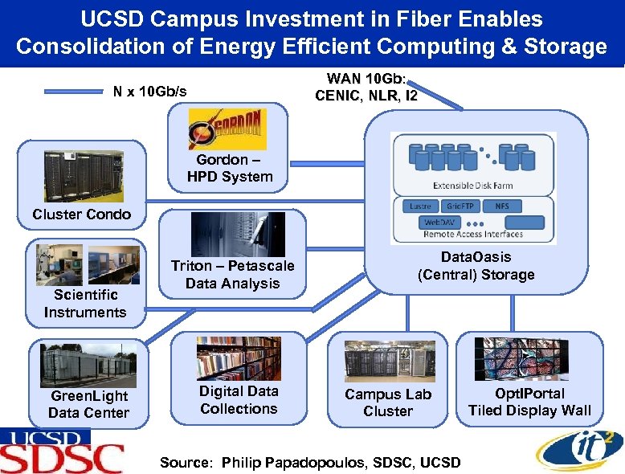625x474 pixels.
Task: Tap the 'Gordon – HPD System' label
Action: coord(230,168)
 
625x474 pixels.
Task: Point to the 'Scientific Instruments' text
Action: coord(85,304)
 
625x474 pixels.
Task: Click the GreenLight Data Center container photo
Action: coord(88,366)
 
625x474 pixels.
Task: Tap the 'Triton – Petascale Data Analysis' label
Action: coord(232,274)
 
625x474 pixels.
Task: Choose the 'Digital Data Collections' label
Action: coord(239,400)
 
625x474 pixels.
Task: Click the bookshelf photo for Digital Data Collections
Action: coord(239,358)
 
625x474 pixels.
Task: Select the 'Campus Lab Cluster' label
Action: coord(388,402)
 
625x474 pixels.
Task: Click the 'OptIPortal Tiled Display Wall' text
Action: coord(529,402)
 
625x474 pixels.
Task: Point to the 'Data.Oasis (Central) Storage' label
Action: coord(476,266)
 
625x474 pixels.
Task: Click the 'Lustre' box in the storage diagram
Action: coord(419,206)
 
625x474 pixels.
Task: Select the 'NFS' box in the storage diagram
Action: coord(502,206)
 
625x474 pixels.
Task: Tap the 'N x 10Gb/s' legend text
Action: coord(149,92)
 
